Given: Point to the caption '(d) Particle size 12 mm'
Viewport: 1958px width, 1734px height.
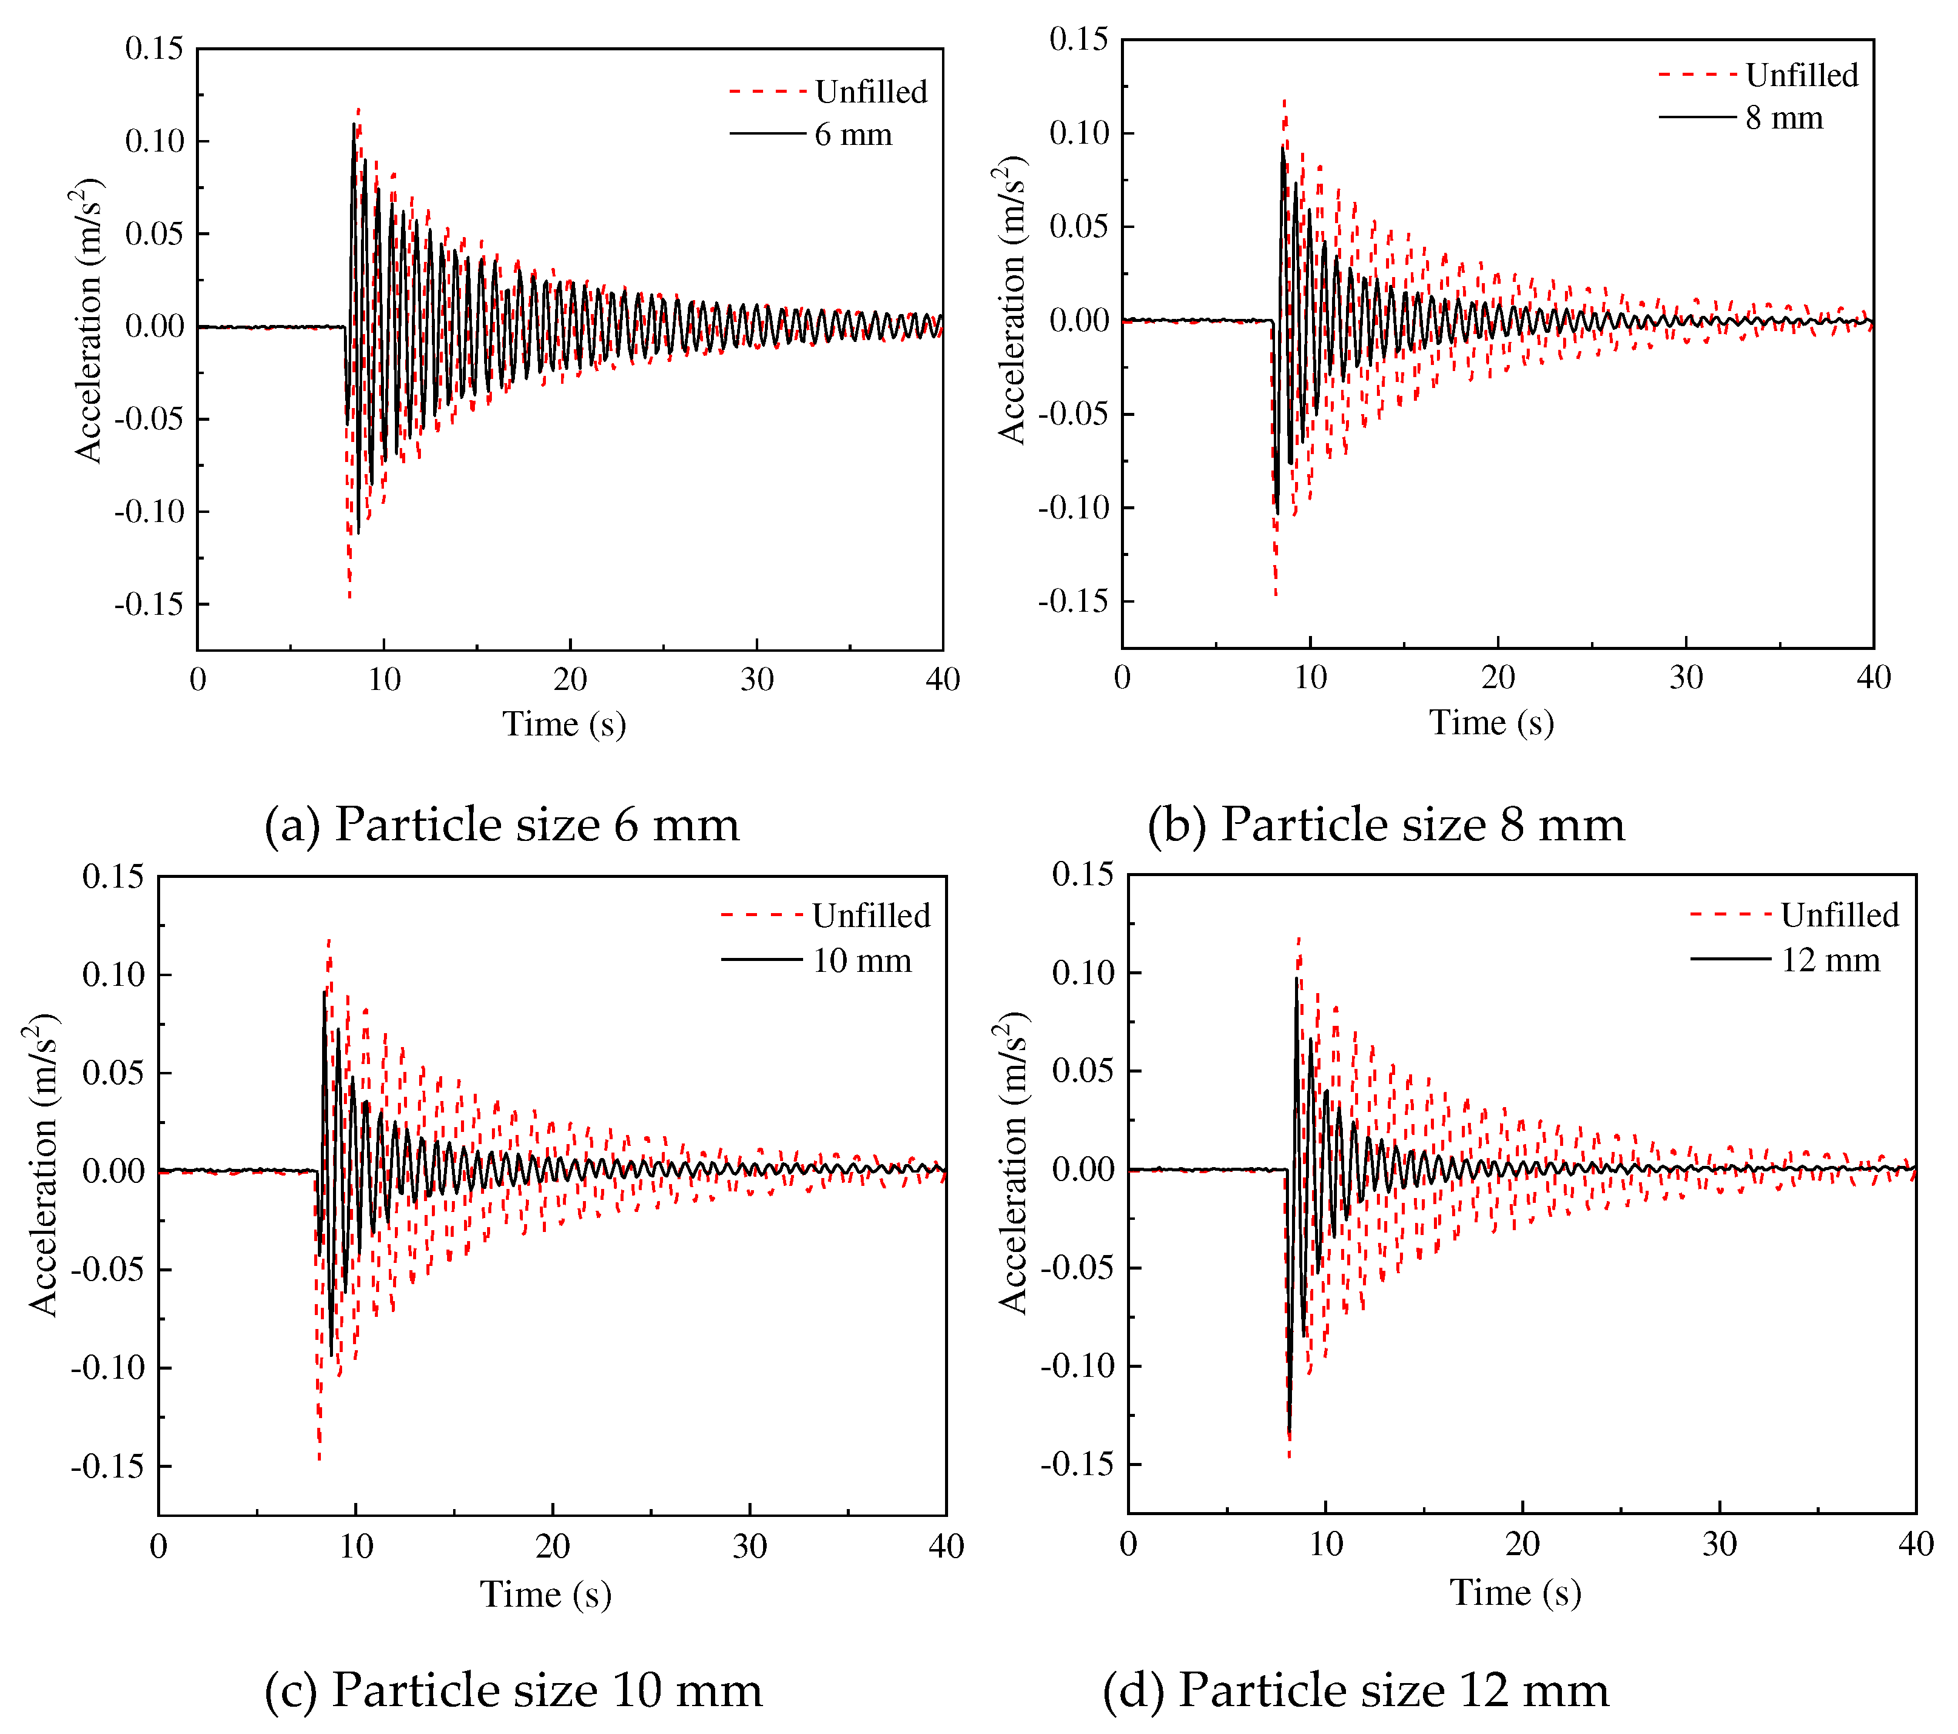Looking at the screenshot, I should point(1356,1690).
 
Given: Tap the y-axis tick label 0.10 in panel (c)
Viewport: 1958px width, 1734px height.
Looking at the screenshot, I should point(113,976).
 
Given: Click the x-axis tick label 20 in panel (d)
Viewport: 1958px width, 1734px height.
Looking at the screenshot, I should point(1522,1544).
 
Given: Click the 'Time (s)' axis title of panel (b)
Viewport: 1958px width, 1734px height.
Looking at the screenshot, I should point(1492,723).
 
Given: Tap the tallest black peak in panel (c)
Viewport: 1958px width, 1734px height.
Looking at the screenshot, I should point(324,994).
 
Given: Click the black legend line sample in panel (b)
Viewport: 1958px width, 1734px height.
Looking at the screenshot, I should point(1697,118).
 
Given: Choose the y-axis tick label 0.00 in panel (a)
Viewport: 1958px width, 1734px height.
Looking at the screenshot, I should point(154,327).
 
